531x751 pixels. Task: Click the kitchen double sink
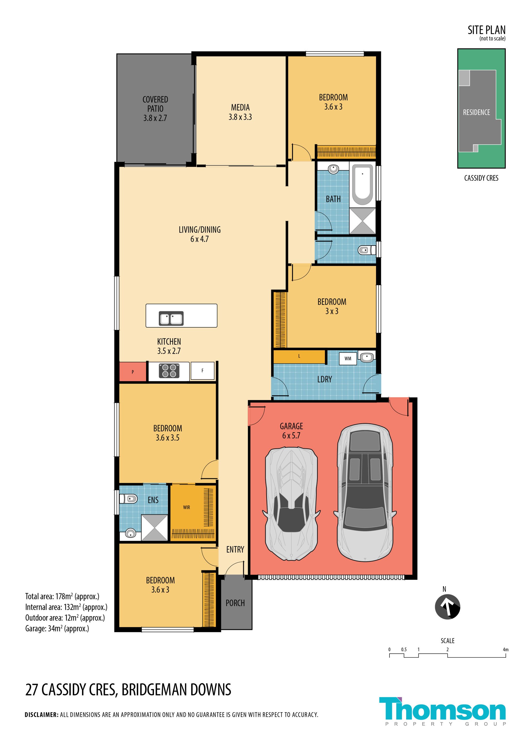coord(171,318)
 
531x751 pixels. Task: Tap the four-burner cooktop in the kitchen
coord(169,371)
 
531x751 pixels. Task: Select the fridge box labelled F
coord(202,371)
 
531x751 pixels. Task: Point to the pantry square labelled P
coord(132,372)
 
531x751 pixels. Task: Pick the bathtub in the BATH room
coord(362,185)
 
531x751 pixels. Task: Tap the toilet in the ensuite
coord(128,499)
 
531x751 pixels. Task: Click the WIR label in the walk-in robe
coord(186,507)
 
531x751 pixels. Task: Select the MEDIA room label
coord(240,107)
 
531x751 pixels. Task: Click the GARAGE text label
coord(291,426)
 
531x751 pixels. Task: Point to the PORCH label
coord(235,603)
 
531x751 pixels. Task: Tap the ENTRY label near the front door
coord(235,550)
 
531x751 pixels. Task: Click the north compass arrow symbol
coord(447,607)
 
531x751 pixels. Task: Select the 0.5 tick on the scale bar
coord(404,650)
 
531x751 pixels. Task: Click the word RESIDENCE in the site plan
coord(476,112)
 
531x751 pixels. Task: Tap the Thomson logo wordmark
coord(442,709)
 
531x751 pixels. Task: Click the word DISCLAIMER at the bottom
coord(42,715)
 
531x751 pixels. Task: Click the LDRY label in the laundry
coord(324,379)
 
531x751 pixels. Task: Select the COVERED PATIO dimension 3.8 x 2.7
coord(155,118)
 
